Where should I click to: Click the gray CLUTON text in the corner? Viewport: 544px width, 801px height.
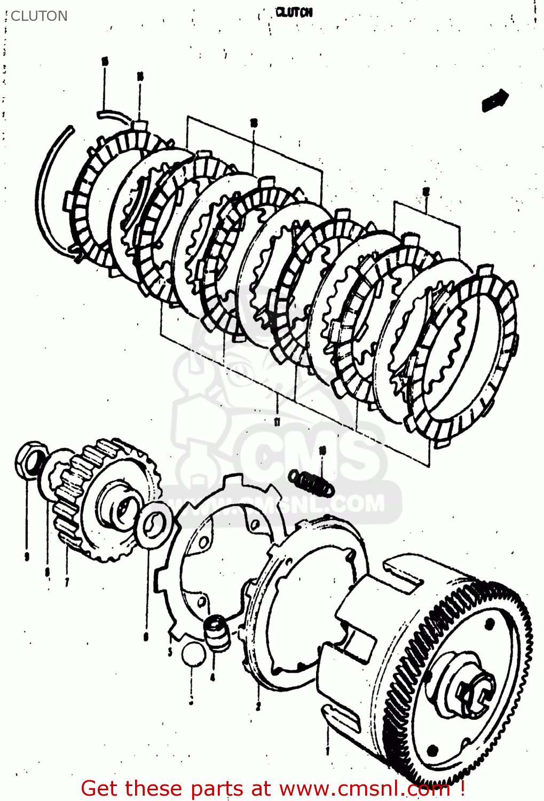pyautogui.click(x=39, y=16)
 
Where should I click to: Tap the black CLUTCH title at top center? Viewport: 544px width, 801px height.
pyautogui.click(x=294, y=12)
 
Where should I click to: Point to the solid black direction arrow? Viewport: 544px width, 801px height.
pyautogui.click(x=495, y=100)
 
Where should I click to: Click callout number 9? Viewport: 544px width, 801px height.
pyautogui.click(x=26, y=557)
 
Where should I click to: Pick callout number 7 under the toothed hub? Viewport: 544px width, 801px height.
pyautogui.click(x=67, y=582)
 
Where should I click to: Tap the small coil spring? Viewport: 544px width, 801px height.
pyautogui.click(x=311, y=481)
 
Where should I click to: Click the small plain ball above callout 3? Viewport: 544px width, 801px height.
pyautogui.click(x=193, y=654)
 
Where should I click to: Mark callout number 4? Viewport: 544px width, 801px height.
pyautogui.click(x=212, y=677)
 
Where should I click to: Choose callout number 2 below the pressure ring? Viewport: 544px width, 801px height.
pyautogui.click(x=258, y=706)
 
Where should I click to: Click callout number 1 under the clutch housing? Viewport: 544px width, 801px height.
pyautogui.click(x=327, y=750)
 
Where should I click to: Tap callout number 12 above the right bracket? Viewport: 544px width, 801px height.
pyautogui.click(x=425, y=191)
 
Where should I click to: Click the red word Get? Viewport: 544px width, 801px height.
pyautogui.click(x=100, y=788)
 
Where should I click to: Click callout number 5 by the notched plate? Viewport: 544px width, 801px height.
pyautogui.click(x=170, y=651)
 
